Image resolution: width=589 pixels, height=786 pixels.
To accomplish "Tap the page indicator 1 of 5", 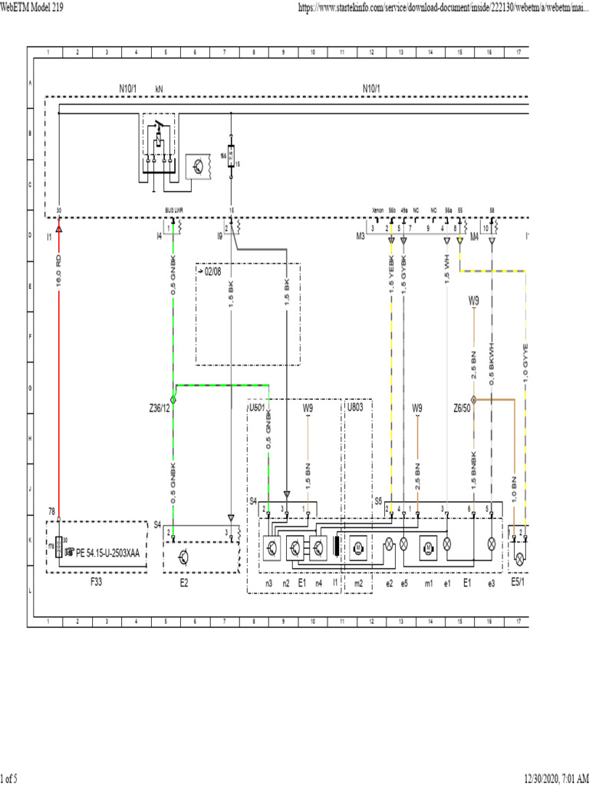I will [x=13, y=779].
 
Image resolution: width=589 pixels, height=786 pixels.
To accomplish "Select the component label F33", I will [x=96, y=583].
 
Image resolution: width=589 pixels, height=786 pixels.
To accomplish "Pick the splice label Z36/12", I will [x=159, y=408].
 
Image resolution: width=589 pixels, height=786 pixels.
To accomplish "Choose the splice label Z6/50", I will [x=462, y=408].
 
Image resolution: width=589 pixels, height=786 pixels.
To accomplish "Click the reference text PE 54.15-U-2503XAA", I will [x=108, y=550].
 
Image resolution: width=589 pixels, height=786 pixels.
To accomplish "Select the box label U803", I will [x=355, y=408].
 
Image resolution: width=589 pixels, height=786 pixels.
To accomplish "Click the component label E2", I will [x=184, y=583].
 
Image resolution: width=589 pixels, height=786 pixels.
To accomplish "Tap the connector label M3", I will [x=360, y=236].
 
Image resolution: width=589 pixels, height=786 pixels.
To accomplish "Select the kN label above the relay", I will [x=159, y=89].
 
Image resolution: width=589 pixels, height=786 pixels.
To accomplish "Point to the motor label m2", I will [x=358, y=583].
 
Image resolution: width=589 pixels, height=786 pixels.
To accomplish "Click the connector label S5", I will [x=378, y=500].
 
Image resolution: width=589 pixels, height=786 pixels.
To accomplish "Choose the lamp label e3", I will [x=492, y=583].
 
